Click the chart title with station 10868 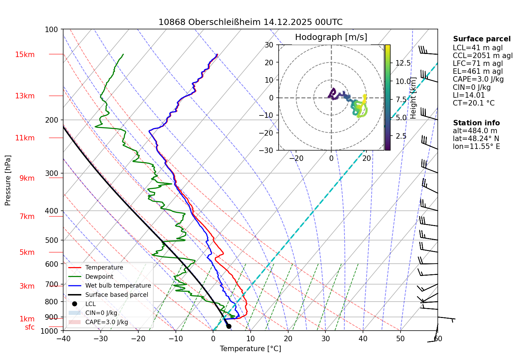tap(250, 22)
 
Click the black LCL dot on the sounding tap(229, 326)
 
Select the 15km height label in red tap(25, 55)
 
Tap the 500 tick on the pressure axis tap(52, 240)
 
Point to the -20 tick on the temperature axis tap(138, 339)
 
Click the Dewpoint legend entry tap(99, 277)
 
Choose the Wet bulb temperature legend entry tap(118, 286)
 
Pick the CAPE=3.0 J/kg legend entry tap(107, 322)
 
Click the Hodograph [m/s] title tap(331, 37)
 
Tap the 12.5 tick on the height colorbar tap(403, 63)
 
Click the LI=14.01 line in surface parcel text tap(469, 95)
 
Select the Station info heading tap(476, 123)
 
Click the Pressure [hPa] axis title tap(8, 180)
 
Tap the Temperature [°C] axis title tap(250, 349)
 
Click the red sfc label tap(30, 327)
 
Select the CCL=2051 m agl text tap(483, 56)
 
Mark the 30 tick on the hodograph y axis tap(269, 45)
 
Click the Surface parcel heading tap(482, 39)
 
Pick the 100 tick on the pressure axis tap(52, 30)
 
